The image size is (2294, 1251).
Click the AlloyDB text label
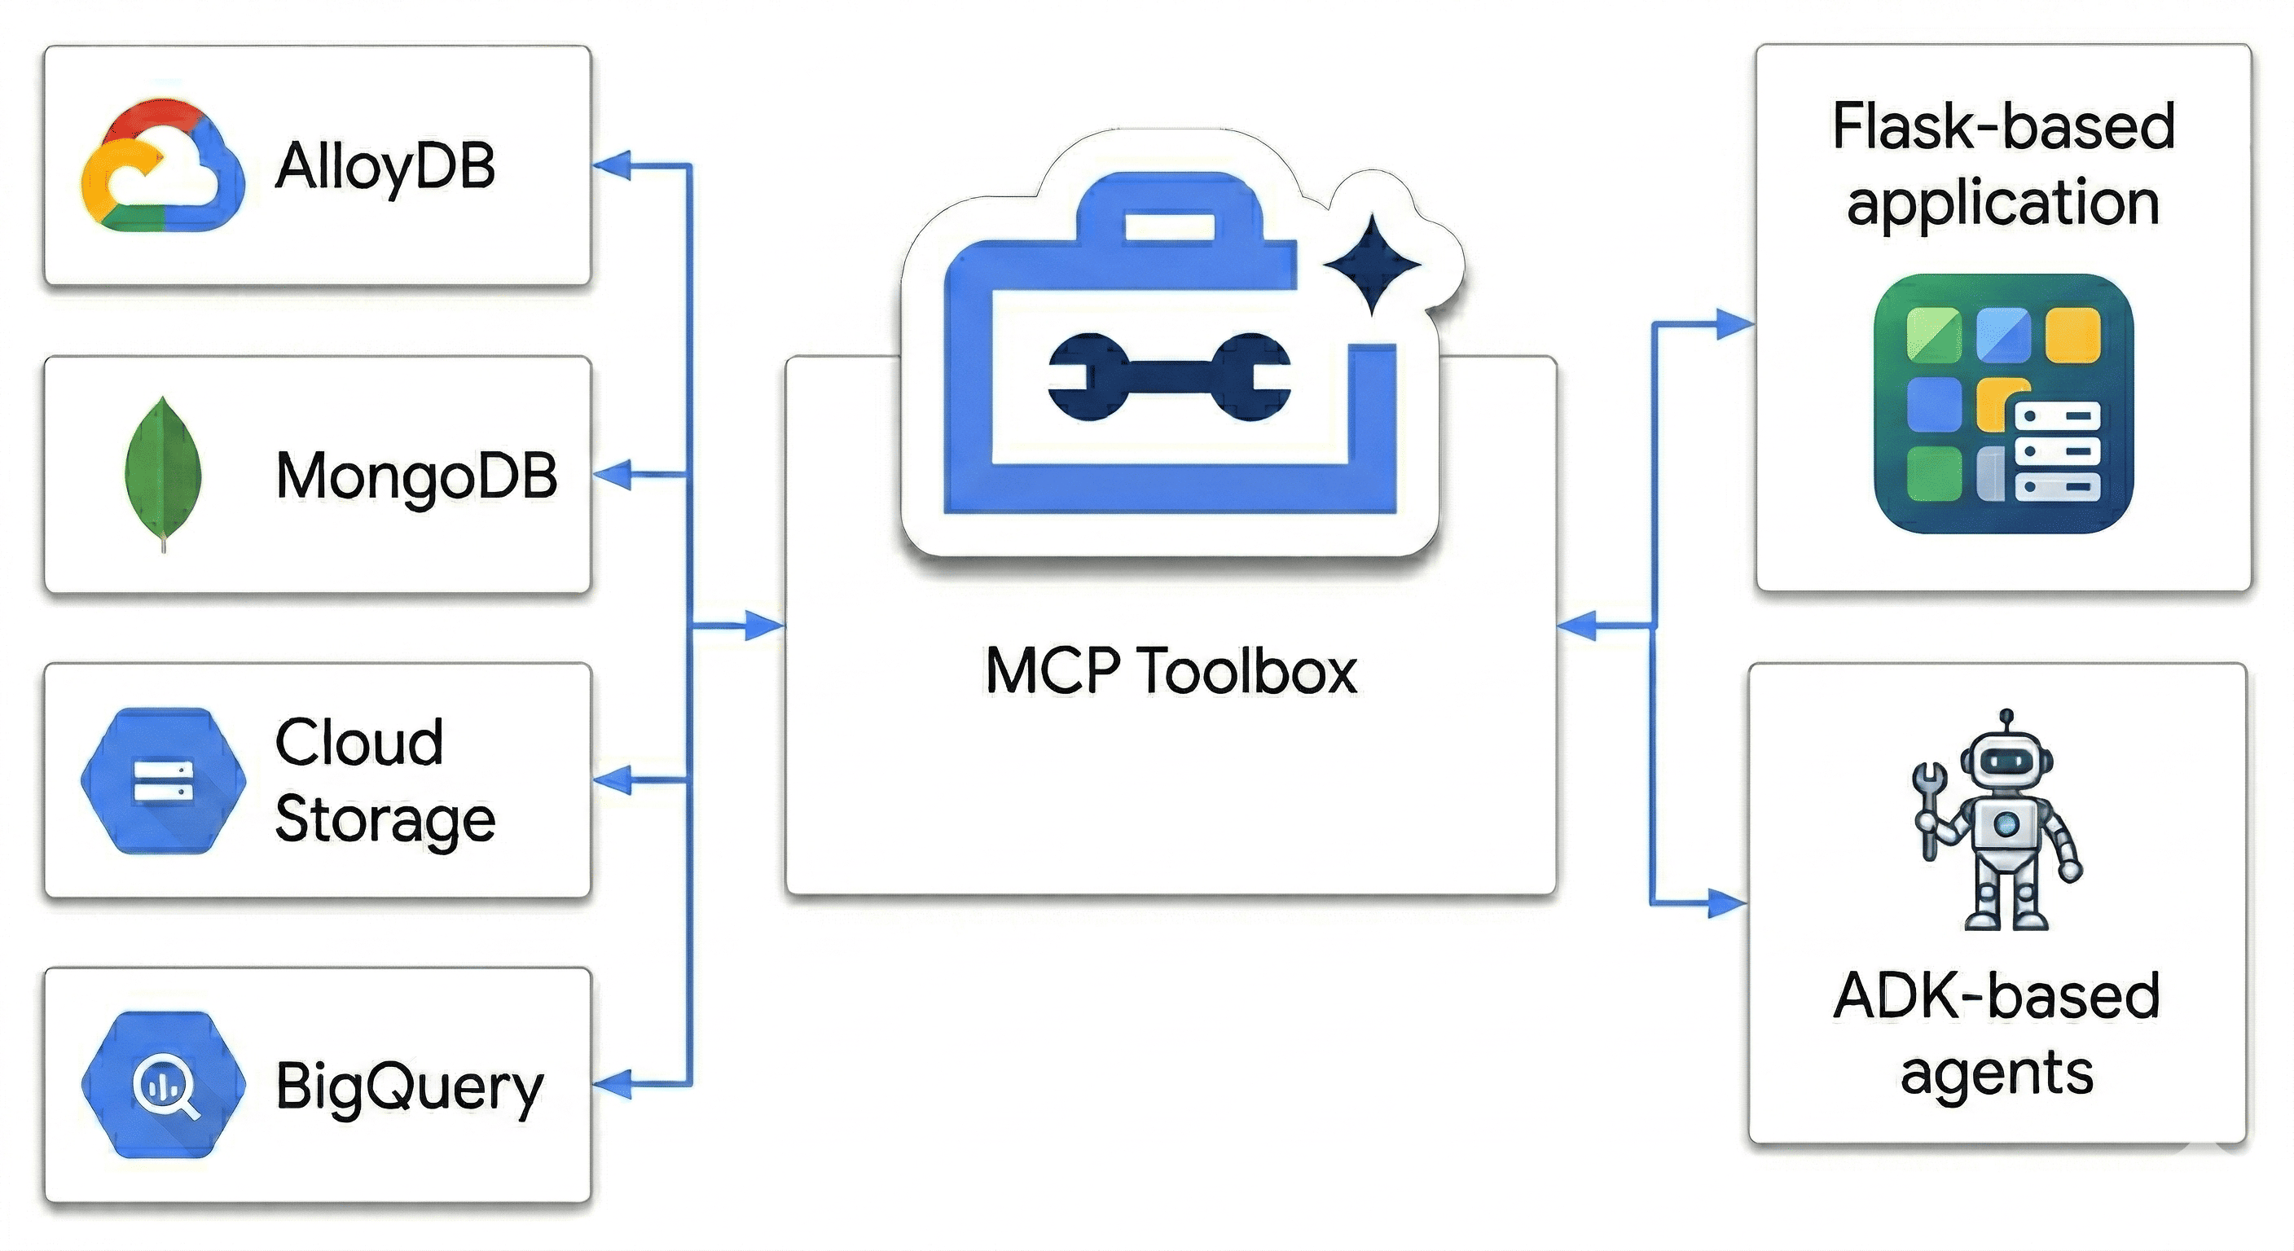pyautogui.click(x=385, y=166)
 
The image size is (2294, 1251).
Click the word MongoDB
pyautogui.click(x=416, y=476)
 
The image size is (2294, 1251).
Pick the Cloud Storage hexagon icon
pyautogui.click(x=162, y=781)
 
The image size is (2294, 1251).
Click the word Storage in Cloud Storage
pyautogui.click(x=385, y=820)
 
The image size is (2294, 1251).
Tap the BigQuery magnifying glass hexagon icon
pyautogui.click(x=164, y=1085)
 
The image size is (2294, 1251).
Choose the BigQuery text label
pyautogui.click(x=409, y=1086)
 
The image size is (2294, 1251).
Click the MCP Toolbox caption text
pyautogui.click(x=1170, y=670)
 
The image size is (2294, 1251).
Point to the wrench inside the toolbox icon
pyautogui.click(x=1169, y=375)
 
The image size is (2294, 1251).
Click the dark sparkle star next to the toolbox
pyautogui.click(x=1371, y=265)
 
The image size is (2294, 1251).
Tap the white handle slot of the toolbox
pyautogui.click(x=1168, y=226)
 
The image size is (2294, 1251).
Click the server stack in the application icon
pyautogui.click(x=2056, y=450)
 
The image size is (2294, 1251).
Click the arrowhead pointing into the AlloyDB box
pyautogui.click(x=611, y=165)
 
